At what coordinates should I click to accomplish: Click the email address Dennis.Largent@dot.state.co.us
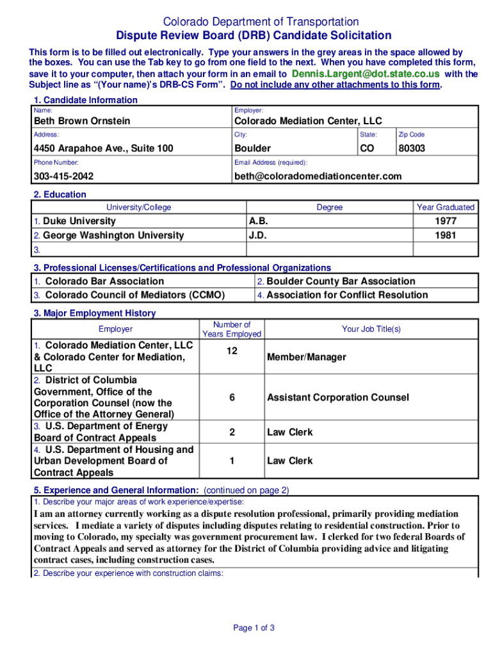click(x=365, y=74)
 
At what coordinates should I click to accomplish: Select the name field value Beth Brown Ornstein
click(x=82, y=121)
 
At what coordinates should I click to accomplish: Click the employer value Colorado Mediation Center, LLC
click(x=308, y=121)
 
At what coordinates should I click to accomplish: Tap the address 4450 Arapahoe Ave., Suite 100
click(x=103, y=149)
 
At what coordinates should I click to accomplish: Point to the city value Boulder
click(x=252, y=149)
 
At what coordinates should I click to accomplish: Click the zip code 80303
click(x=411, y=149)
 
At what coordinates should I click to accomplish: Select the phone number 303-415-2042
click(x=63, y=176)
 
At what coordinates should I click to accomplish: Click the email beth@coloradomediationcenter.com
click(x=318, y=176)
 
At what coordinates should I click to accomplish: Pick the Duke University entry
click(x=79, y=221)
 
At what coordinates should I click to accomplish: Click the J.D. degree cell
click(x=257, y=235)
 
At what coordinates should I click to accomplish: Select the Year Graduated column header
click(x=446, y=207)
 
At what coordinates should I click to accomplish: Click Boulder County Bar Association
click(x=341, y=281)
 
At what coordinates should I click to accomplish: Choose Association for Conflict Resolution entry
click(x=347, y=295)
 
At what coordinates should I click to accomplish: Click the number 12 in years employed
click(x=232, y=350)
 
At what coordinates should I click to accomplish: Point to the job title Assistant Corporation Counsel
click(x=337, y=397)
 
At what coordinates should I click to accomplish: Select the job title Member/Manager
click(x=306, y=357)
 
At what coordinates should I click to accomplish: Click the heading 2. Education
click(x=60, y=195)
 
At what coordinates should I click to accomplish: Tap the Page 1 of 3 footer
click(x=254, y=628)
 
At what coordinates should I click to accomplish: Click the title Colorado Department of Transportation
click(x=252, y=22)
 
